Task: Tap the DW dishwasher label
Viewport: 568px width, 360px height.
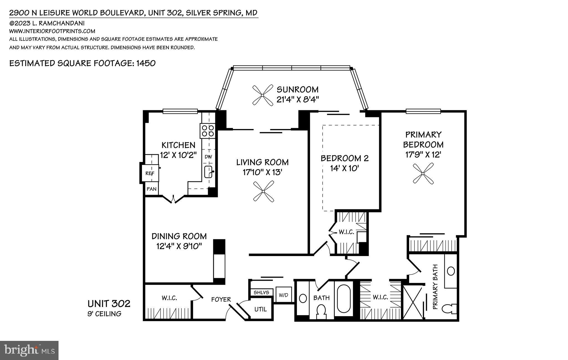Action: tap(208, 157)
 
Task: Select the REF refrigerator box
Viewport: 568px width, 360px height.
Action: tap(150, 173)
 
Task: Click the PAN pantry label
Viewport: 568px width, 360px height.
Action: tap(151, 189)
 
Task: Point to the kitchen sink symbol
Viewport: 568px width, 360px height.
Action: tap(208, 172)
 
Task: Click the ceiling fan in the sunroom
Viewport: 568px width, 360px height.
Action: tap(262, 95)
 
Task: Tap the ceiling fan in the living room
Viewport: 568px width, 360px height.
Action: tap(263, 191)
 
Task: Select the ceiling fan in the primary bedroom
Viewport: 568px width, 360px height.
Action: tap(423, 173)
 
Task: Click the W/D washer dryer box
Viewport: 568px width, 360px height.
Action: tap(283, 295)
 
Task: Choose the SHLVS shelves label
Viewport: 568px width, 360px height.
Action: tap(262, 293)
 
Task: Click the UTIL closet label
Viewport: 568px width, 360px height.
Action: tap(261, 309)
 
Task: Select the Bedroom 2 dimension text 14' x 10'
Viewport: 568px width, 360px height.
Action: tap(345, 168)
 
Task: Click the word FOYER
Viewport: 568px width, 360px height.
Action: tap(221, 300)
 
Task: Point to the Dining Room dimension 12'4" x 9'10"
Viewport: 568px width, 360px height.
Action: tap(179, 246)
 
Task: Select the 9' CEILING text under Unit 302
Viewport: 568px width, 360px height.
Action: tap(105, 314)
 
